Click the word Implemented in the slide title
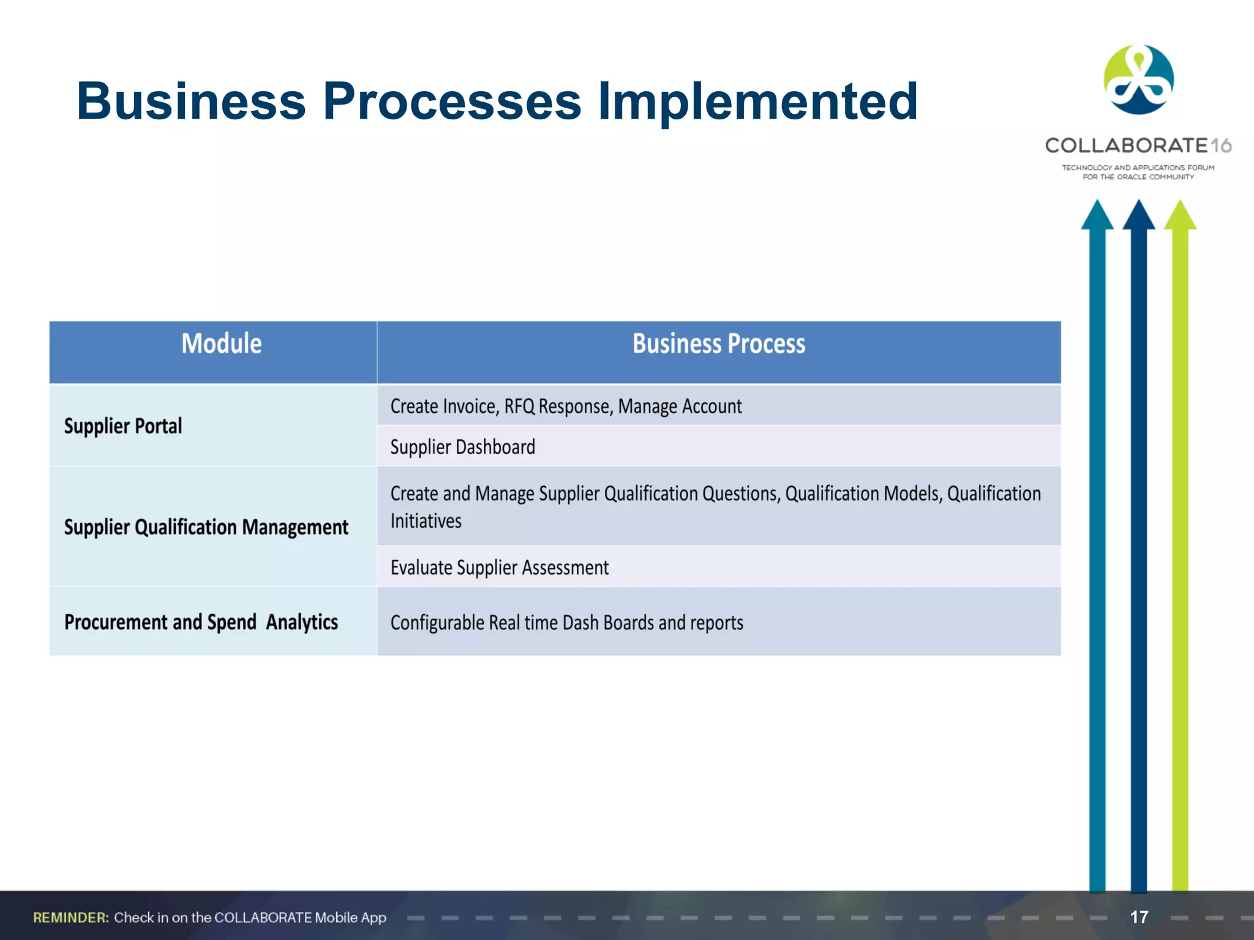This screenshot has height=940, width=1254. coord(757,102)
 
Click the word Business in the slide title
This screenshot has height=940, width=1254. coord(191,102)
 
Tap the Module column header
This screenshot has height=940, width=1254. coord(221,344)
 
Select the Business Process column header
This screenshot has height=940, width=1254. coord(718,344)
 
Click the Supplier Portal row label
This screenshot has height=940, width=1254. coord(123,426)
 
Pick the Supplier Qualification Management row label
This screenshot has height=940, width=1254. coord(206,528)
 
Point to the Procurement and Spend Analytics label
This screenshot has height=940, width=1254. coord(201,622)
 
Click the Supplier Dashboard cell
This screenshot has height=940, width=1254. coord(462,447)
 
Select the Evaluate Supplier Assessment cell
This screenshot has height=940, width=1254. coord(500,568)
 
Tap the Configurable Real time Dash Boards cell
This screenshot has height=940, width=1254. coord(566,623)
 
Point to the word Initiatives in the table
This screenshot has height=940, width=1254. coord(426,521)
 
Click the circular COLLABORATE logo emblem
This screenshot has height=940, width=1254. coord(1138,80)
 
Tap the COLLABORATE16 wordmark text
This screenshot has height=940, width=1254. coord(1138,146)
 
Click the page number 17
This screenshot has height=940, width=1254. coord(1139,917)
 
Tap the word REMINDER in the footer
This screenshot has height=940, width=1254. coord(71,917)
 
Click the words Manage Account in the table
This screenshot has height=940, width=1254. coord(680,407)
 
